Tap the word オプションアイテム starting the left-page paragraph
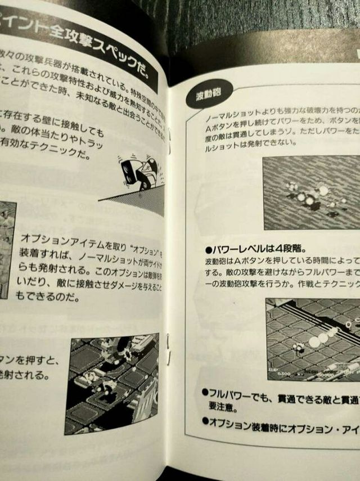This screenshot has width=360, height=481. (x=54, y=237)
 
